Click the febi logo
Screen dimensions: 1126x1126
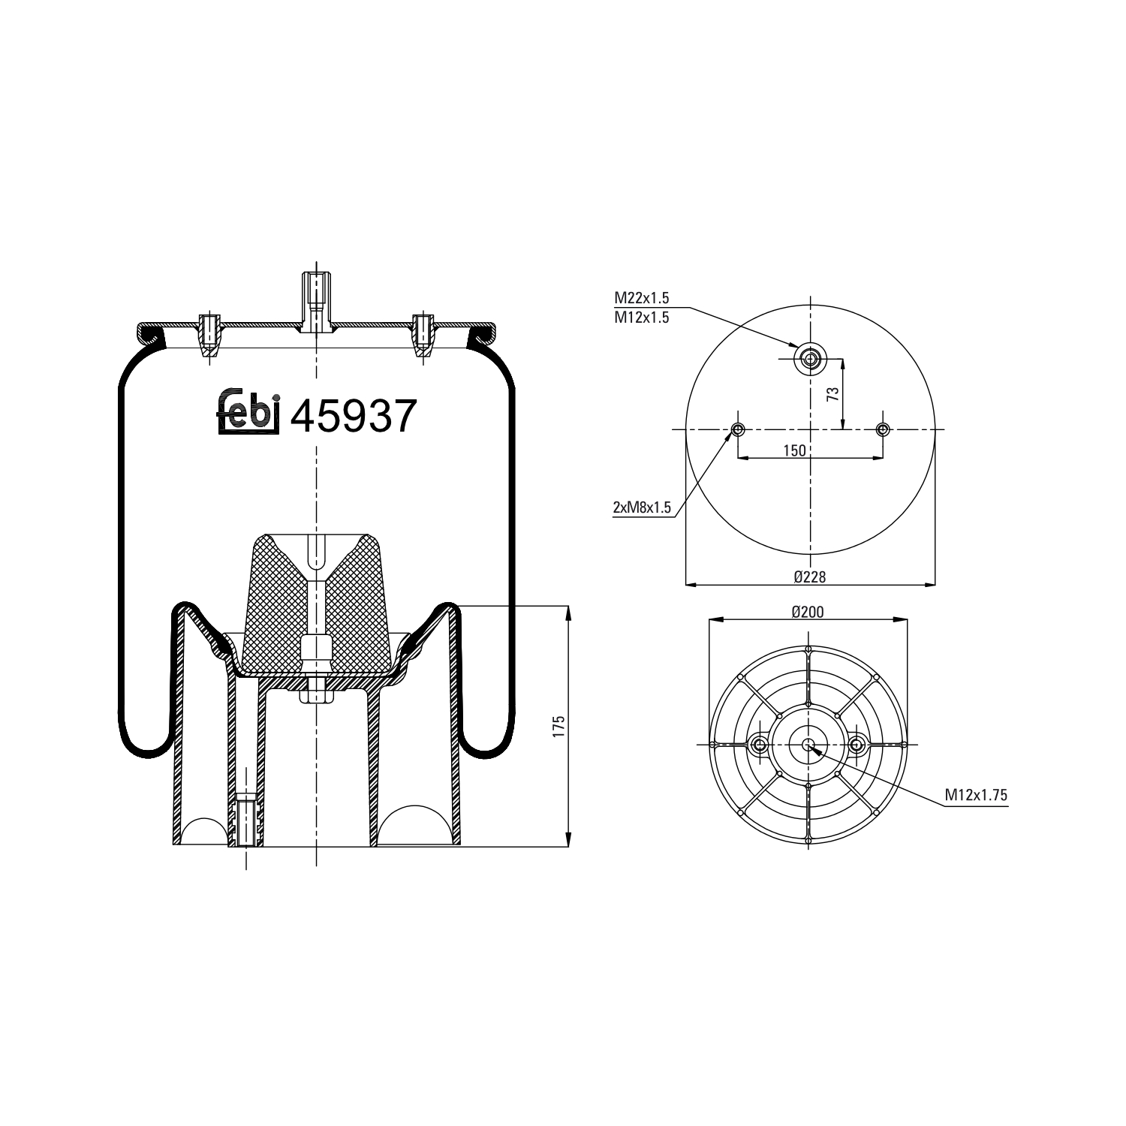point(248,413)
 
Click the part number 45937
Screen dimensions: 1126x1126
point(353,416)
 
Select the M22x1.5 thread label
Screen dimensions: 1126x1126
point(642,298)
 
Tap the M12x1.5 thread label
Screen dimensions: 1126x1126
point(642,317)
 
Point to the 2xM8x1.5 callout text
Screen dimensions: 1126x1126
point(642,508)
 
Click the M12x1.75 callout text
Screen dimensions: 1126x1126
point(976,796)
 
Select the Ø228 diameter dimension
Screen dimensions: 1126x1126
point(810,576)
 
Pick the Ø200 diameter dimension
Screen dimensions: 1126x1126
point(808,612)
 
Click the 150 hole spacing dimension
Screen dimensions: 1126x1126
point(794,450)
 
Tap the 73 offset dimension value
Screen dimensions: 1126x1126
point(833,394)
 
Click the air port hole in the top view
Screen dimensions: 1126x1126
point(811,359)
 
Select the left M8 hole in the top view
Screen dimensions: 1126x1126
point(738,429)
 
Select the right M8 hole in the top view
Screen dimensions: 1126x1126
point(883,429)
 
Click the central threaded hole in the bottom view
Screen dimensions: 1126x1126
point(808,745)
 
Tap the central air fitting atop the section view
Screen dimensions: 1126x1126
point(316,300)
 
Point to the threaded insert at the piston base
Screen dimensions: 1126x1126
point(245,819)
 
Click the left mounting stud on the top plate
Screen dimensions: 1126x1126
point(209,334)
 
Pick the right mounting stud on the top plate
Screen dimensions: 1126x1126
point(424,334)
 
